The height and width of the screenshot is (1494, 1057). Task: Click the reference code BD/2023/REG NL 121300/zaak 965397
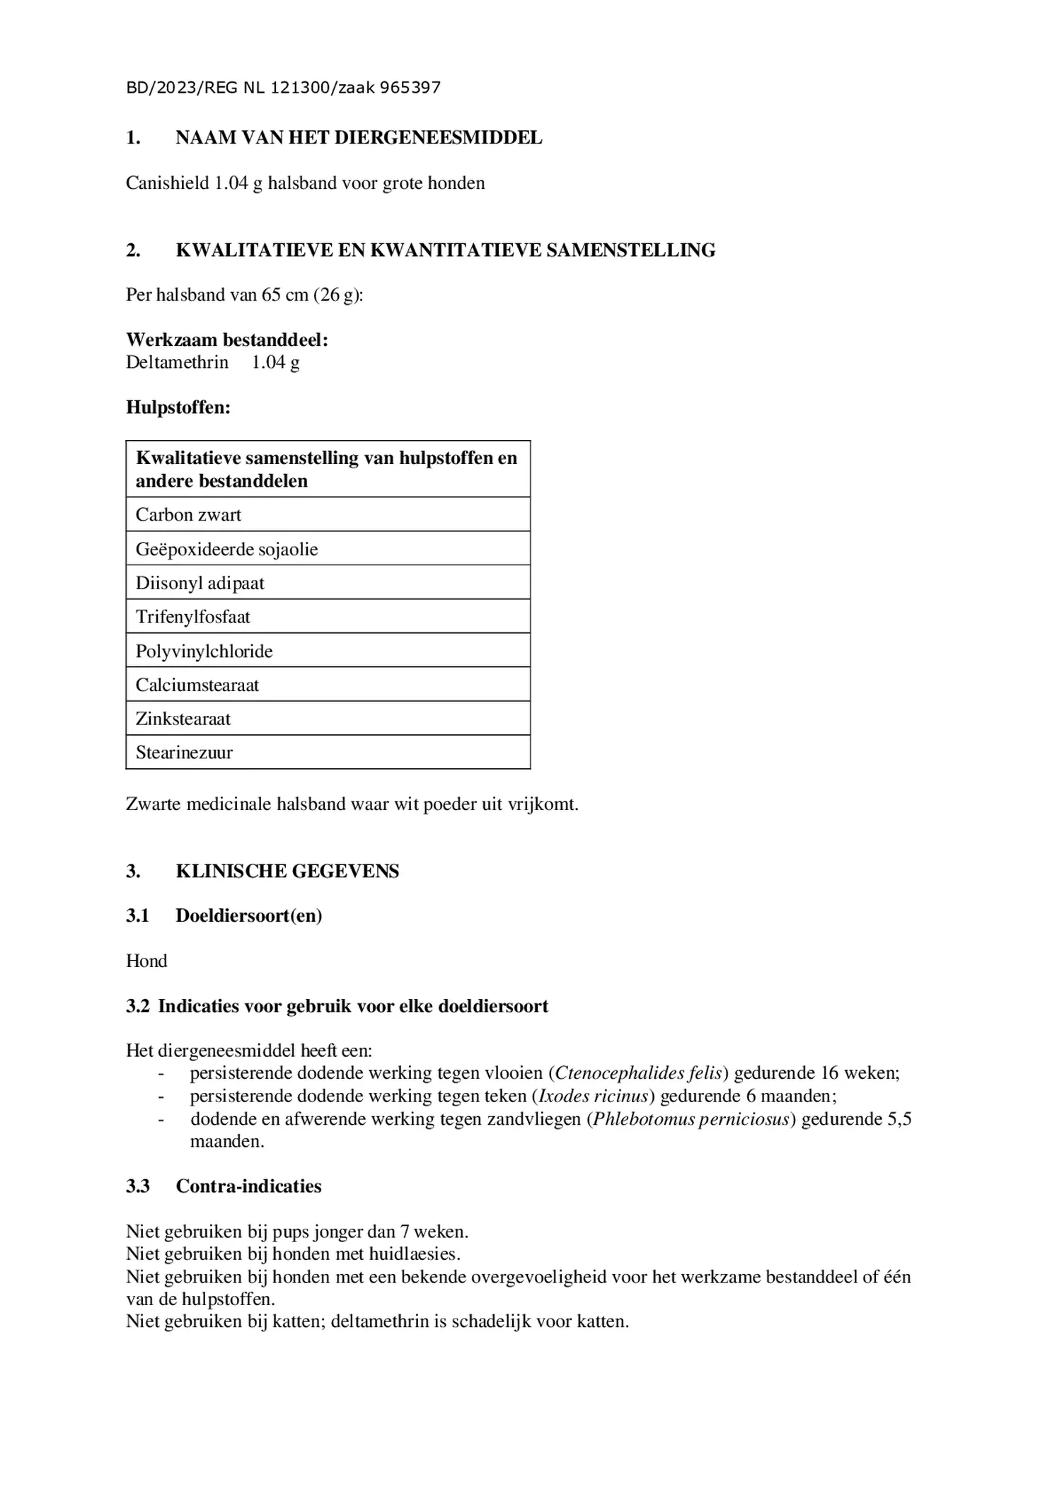(x=283, y=88)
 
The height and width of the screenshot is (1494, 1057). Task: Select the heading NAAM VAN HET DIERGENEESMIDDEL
(x=359, y=138)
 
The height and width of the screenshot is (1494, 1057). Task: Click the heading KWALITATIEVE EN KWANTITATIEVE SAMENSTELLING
(x=445, y=250)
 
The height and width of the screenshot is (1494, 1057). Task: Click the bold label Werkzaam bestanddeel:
(x=227, y=340)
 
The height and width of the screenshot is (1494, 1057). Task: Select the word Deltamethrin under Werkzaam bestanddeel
(x=177, y=363)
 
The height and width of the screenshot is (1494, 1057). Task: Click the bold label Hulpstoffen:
(x=178, y=407)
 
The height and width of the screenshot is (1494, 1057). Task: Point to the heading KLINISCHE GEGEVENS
(x=287, y=871)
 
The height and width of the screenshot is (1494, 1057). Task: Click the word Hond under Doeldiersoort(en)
(x=146, y=961)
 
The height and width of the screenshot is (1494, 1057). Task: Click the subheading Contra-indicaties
(x=248, y=1186)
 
